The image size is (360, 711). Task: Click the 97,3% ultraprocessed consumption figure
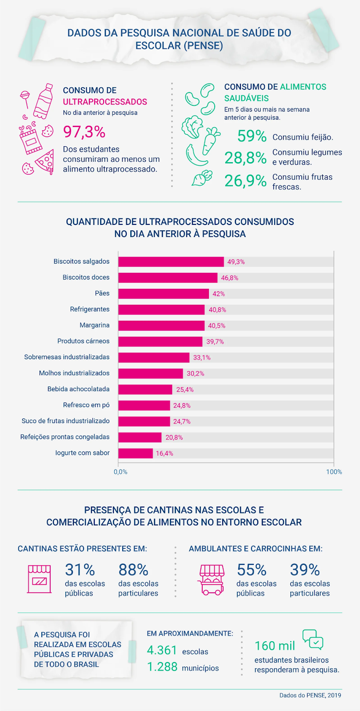(x=84, y=132)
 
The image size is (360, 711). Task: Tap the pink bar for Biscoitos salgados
(x=171, y=262)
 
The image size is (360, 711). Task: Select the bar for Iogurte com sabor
(x=136, y=453)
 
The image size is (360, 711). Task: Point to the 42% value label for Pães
(x=219, y=294)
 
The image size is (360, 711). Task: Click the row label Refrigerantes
(x=89, y=309)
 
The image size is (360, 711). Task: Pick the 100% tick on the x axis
(x=334, y=471)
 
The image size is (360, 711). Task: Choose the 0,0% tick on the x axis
(x=120, y=471)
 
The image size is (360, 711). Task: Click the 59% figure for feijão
(x=252, y=136)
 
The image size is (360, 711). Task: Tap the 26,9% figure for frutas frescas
(x=245, y=181)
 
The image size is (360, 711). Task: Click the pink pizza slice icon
(x=45, y=162)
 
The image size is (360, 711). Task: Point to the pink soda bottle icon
(x=43, y=101)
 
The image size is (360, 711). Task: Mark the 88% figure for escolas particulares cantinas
(x=133, y=570)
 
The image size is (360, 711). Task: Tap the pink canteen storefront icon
(x=40, y=579)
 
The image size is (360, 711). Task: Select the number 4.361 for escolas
(x=162, y=650)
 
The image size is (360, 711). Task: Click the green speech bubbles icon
(x=313, y=639)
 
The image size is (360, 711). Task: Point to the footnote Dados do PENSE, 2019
(x=310, y=695)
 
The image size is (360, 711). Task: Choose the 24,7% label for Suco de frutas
(x=182, y=421)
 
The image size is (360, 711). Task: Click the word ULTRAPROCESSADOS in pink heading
(x=105, y=102)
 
